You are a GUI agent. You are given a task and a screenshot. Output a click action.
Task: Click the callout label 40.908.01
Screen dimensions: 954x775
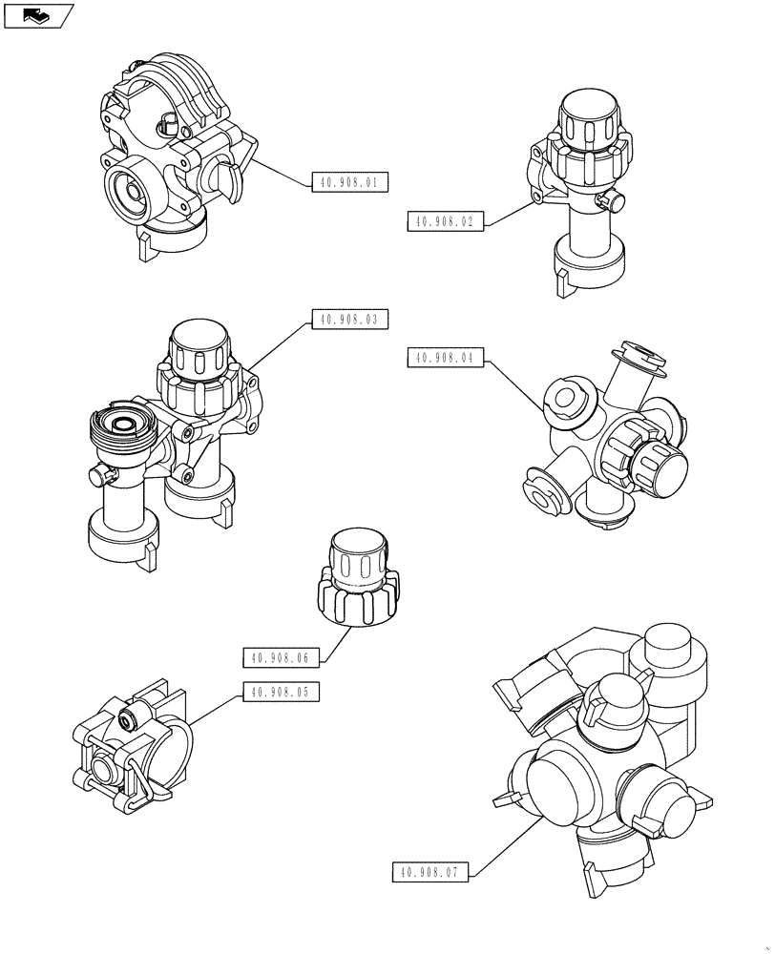pos(350,182)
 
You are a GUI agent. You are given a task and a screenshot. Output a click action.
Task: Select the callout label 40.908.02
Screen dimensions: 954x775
pos(446,221)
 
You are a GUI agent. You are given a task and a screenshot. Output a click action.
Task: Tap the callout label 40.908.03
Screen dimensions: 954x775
pos(350,321)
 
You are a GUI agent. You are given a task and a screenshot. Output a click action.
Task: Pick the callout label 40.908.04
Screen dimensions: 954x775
pos(446,358)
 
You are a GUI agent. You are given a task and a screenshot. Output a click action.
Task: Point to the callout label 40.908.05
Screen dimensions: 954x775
pos(281,693)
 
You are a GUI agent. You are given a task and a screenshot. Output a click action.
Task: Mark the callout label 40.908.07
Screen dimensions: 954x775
pos(430,871)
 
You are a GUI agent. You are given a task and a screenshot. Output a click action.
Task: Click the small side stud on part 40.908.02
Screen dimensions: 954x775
pos(608,201)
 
